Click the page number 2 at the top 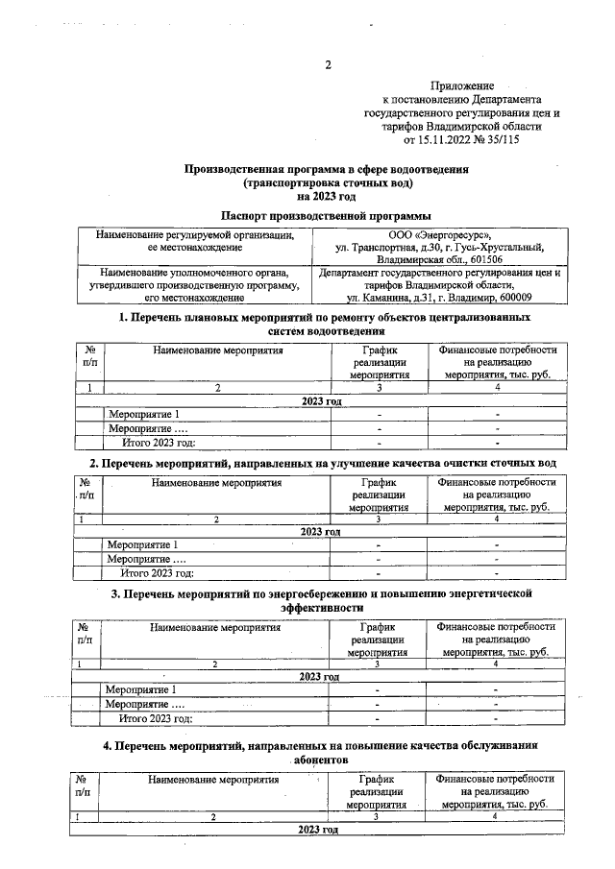point(327,66)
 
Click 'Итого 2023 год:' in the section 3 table point(156,718)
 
